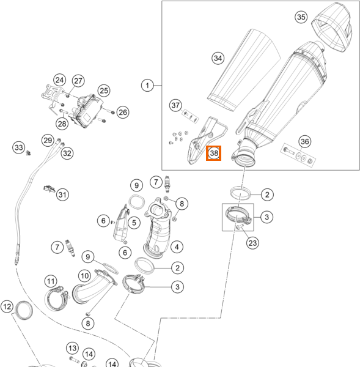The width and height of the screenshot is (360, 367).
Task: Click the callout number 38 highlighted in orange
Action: point(213,154)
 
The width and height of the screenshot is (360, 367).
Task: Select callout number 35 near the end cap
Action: point(301,17)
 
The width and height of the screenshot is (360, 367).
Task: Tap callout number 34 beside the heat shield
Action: point(218,58)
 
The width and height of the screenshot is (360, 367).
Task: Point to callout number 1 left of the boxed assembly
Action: point(147,85)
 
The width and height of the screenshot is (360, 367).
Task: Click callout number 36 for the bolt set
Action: point(304,141)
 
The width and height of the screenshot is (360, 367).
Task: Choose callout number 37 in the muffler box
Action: point(175,105)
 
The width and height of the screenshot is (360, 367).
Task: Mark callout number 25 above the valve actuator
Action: point(104,91)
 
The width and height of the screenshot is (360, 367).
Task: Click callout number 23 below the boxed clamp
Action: point(252,243)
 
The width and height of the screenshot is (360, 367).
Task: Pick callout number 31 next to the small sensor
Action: point(62,195)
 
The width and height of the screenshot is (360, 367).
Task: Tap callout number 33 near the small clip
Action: point(19,147)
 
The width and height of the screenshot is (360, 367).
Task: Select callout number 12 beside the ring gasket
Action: point(7,306)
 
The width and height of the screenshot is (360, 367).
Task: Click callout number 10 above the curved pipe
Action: point(84,276)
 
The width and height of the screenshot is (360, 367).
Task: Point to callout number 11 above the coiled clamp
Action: point(51,281)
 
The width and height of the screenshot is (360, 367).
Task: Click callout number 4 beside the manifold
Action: point(177,247)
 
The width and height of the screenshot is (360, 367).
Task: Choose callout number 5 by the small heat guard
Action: point(134,223)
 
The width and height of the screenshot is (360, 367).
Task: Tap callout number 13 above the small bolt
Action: point(72,348)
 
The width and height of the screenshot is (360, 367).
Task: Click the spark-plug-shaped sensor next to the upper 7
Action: point(167,184)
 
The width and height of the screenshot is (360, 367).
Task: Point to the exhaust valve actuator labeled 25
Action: point(88,111)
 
